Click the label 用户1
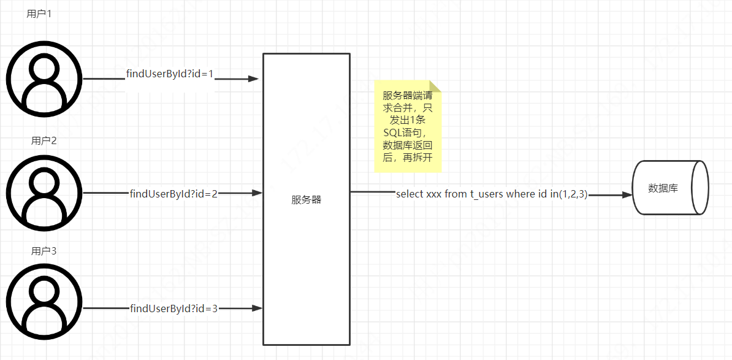click(39, 13)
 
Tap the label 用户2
click(44, 141)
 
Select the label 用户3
click(44, 251)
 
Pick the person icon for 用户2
click(44, 193)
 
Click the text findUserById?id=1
click(170, 74)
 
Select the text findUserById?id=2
click(174, 194)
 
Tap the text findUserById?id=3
click(174, 308)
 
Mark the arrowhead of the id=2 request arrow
click(257, 193)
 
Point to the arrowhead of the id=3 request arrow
click(257, 308)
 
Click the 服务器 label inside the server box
click(307, 200)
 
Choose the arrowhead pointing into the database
click(627, 194)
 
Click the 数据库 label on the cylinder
click(663, 188)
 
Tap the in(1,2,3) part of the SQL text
click(570, 194)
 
